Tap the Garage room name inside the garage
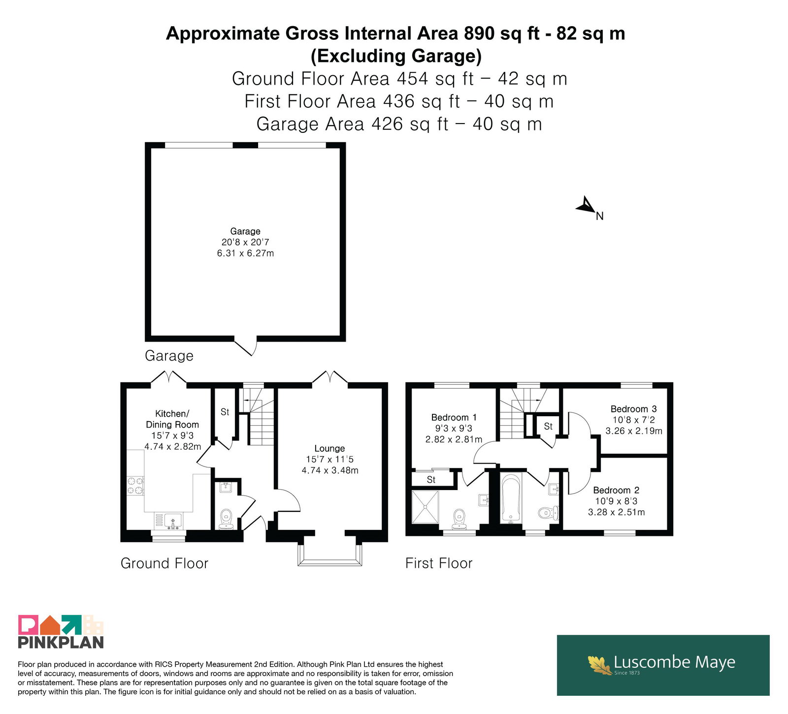coord(245,231)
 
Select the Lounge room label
coord(329,449)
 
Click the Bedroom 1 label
coord(454,417)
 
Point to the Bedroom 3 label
coord(633,409)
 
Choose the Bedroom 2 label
coord(616,490)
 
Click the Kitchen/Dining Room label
coord(172,419)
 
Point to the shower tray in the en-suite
coord(425,506)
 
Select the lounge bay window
coord(330,555)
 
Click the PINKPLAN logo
coord(61,632)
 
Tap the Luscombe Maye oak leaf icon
coord(600,664)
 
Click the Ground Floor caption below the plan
coord(164,563)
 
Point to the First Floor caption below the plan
coord(439,563)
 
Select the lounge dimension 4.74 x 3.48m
coord(330,470)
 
